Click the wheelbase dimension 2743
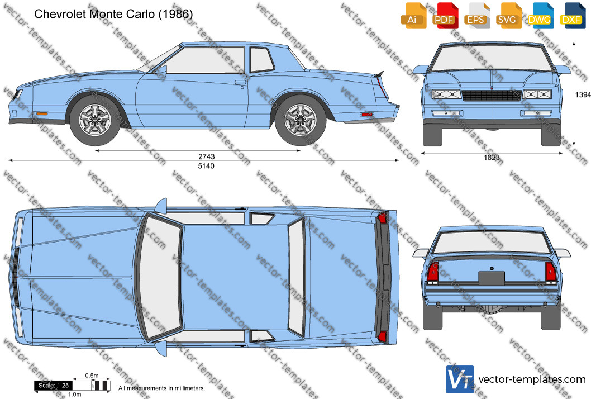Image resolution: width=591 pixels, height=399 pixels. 206,156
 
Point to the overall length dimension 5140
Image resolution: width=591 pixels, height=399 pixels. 206,165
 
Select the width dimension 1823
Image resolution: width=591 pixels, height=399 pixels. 492,157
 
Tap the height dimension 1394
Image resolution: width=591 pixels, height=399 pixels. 583,94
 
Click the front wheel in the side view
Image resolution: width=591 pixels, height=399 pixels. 95,120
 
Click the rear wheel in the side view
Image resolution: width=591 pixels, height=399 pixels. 301,120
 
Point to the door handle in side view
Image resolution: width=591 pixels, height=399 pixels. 240,82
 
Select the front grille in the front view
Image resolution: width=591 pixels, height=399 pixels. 492,96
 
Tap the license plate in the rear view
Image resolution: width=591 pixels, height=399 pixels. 492,278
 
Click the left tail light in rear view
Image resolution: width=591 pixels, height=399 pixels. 433,272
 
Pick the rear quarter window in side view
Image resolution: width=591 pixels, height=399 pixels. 262,60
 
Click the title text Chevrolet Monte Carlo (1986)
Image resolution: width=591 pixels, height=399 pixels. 113,14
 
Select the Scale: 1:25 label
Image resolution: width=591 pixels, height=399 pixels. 54,386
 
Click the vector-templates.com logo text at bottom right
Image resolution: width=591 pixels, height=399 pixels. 532,379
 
